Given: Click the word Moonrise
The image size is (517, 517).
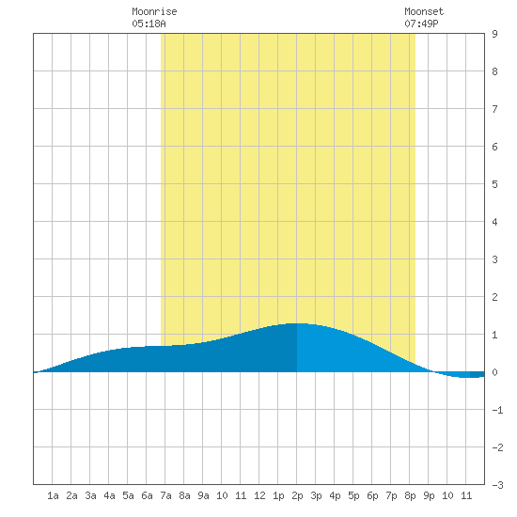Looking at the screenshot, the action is pos(154,11).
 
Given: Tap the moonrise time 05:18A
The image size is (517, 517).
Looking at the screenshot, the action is pos(149,23).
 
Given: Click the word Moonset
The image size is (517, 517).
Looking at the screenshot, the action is pos(424,11).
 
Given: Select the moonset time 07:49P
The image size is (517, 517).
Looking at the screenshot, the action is pos(421,23).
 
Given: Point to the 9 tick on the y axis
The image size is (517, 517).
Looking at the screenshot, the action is pos(494,34).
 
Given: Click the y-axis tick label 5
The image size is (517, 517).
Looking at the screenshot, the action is pos(494,184).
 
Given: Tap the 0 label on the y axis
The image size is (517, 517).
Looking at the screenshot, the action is pos(494,372).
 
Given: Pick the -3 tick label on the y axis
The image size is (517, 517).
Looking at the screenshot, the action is pos(497,485).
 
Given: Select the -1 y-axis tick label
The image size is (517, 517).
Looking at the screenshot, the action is pos(497,410).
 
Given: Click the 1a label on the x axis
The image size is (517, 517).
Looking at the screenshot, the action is pos(53,495).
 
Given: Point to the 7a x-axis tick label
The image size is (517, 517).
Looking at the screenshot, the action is pos(165,495).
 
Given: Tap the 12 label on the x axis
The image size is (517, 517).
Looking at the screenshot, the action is pos(259,495).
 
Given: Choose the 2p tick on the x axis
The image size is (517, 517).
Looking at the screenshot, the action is pos(297,495).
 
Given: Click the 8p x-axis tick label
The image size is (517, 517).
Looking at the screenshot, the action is pos(410,495).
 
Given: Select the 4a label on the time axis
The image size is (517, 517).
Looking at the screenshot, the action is pos(109,495).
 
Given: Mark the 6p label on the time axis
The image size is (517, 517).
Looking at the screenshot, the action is pos(372,495).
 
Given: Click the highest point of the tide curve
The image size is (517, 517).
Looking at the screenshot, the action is pos(298,323).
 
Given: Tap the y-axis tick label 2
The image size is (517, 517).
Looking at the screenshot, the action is pos(494,297).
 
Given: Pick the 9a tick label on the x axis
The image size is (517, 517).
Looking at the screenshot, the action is pos(203,495).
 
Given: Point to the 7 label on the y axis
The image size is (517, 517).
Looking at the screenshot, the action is pos(494,109).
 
